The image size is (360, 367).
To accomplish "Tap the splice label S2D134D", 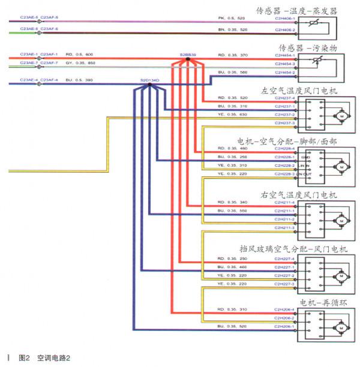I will point(150,79).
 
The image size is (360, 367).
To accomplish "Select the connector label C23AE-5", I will point(29,17).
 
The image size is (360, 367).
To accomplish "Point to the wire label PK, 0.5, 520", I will point(232,18).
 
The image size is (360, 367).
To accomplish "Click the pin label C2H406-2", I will point(285,29).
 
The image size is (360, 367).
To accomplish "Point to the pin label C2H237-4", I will point(285,98).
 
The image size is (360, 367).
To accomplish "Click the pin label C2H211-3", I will point(285,228).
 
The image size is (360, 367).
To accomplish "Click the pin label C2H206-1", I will point(285,326).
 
